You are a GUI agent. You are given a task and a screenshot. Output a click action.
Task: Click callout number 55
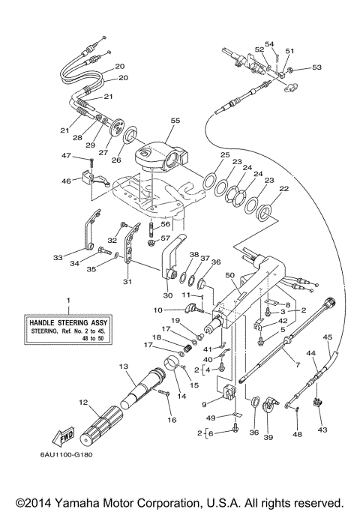point(175,121)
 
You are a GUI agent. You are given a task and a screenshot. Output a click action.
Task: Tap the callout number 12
point(83,403)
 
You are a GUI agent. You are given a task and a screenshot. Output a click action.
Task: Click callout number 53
point(316,68)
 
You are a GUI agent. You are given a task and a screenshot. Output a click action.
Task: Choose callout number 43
point(323,430)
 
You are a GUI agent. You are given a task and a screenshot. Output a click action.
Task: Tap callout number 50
point(229,276)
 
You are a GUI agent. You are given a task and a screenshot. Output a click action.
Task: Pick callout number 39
point(268,433)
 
